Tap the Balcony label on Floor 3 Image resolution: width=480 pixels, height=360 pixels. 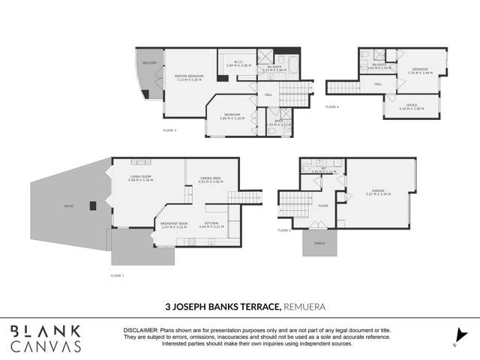point(151,63)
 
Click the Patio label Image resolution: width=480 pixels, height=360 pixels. point(67,204)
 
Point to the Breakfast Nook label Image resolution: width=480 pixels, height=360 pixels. point(173,223)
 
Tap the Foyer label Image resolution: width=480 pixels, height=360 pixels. point(323,205)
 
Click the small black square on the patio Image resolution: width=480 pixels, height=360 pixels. point(92,206)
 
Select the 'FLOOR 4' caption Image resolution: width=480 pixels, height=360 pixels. point(332,107)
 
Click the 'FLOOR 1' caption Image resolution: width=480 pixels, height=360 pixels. point(117,275)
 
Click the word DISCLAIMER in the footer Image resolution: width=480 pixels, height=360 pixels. point(140,329)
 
